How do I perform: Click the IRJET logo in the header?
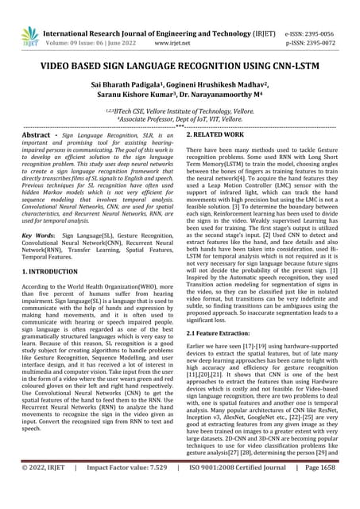click(x=29, y=35)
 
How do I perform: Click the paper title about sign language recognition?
click(x=180, y=71)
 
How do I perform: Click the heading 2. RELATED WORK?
click(x=219, y=136)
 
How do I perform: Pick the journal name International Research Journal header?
click(x=159, y=34)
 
